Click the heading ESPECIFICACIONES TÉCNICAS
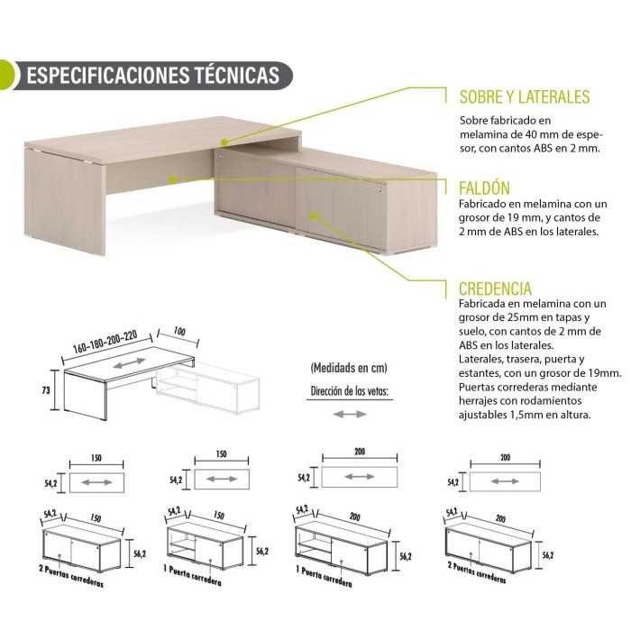[x=153, y=75]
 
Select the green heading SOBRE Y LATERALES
[x=525, y=97]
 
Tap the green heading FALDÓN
[x=485, y=188]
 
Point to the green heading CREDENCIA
[x=495, y=289]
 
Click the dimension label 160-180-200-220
[x=105, y=343]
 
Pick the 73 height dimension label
[x=46, y=390]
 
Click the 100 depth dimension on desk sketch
[x=179, y=331]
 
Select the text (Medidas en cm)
[x=349, y=368]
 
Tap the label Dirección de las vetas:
[x=350, y=390]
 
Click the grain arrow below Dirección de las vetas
[x=350, y=414]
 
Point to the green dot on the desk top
[x=224, y=142]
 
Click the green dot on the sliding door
[x=315, y=216]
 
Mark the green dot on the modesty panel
[x=172, y=179]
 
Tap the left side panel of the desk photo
[x=64, y=201]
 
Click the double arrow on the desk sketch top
[x=129, y=363]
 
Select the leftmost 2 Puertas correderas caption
[x=71, y=576]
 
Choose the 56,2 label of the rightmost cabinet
[x=548, y=555]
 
